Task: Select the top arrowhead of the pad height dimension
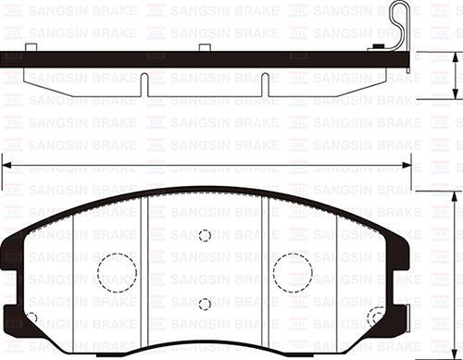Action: [x=454, y=198]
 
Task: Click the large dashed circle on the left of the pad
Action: [x=118, y=271]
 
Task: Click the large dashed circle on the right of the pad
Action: [x=293, y=271]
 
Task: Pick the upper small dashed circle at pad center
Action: [x=205, y=235]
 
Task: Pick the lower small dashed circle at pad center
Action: [x=205, y=304]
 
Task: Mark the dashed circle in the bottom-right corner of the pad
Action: [x=376, y=318]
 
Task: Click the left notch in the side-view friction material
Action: [x=146, y=84]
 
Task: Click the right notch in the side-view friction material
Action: [x=264, y=84]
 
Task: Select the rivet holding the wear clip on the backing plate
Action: [x=378, y=46]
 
